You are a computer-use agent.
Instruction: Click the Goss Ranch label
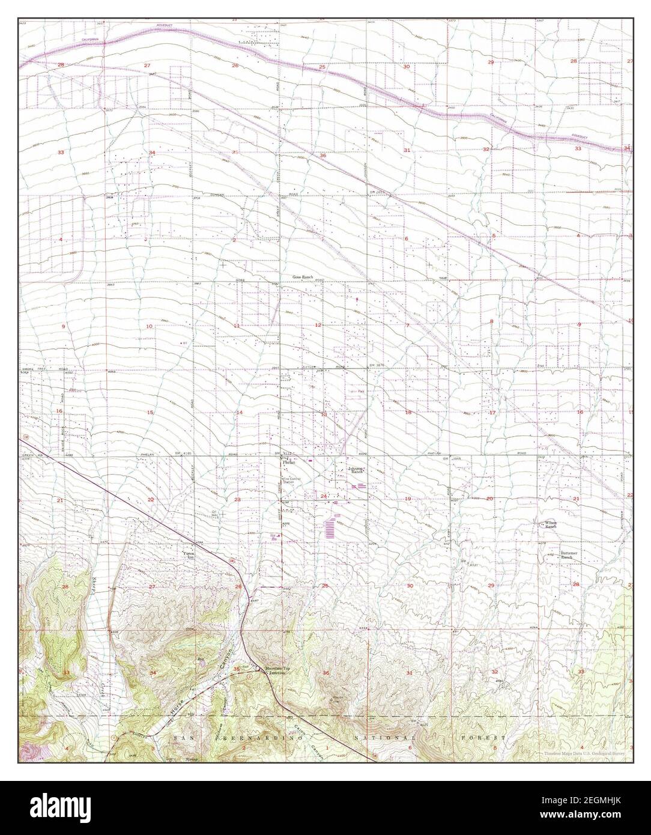(303, 277)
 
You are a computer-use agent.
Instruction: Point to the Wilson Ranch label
(551, 524)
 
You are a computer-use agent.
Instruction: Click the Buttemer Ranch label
(569, 554)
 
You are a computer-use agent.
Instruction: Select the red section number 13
(324, 414)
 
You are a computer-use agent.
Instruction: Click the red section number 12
(318, 325)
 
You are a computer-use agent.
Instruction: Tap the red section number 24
(324, 496)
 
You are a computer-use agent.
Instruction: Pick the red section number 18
(408, 412)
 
